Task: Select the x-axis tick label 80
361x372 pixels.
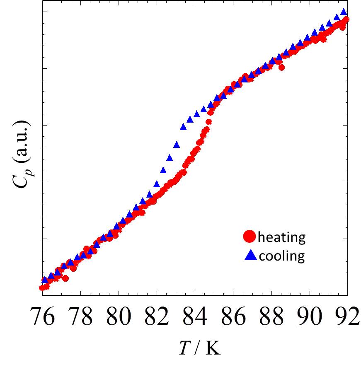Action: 119,318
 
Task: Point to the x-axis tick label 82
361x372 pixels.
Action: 157,318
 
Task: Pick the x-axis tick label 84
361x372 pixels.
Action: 196,318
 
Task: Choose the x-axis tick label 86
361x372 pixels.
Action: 234,318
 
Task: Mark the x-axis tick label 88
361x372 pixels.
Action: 272,318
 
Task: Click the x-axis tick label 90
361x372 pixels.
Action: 310,318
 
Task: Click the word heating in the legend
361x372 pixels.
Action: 281,237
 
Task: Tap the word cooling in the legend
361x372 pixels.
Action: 281,256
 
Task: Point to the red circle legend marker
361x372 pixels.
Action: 250,237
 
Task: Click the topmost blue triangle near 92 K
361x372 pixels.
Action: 344,12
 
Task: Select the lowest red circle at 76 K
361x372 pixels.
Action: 42,288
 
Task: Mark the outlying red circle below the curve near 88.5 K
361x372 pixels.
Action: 282,68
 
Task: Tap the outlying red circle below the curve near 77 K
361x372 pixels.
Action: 65,278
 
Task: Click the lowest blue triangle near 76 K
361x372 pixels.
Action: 45,280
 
